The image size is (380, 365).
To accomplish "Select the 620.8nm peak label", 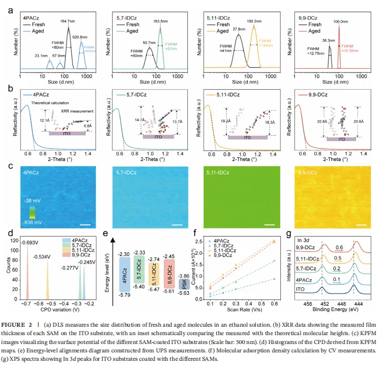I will click(82, 37).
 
